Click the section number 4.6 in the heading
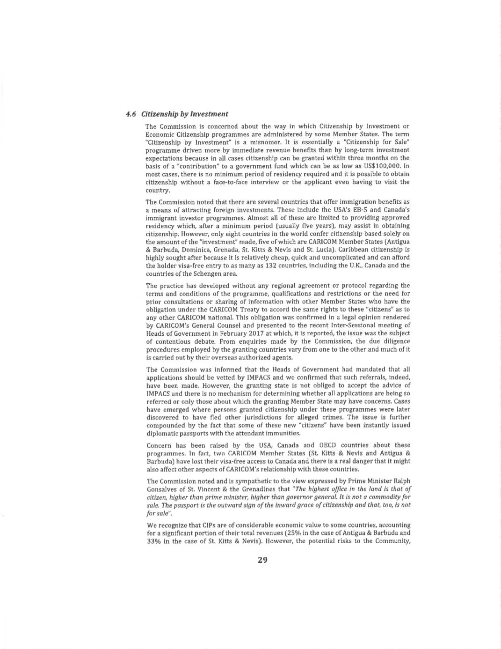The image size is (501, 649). pos(131,114)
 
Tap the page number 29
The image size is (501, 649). pos(262,559)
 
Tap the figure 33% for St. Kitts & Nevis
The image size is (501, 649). pos(154,541)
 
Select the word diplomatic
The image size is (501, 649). pos(161,433)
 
